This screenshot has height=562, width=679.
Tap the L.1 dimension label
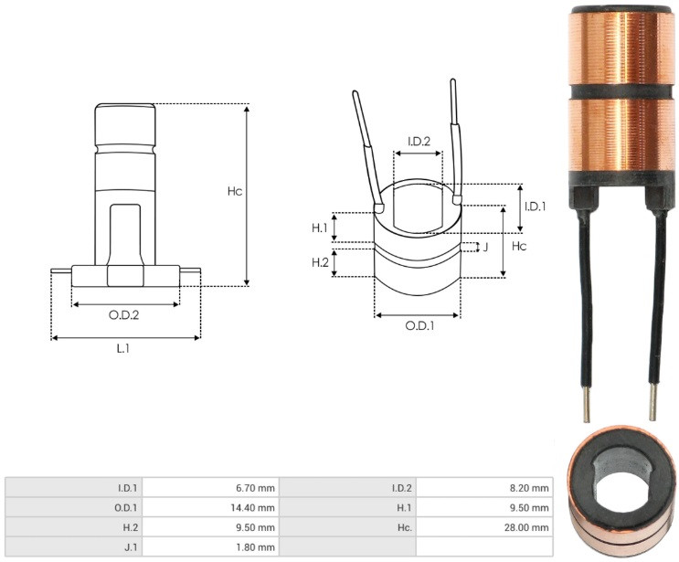tap(123, 348)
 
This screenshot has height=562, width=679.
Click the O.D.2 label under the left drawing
tap(124, 315)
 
